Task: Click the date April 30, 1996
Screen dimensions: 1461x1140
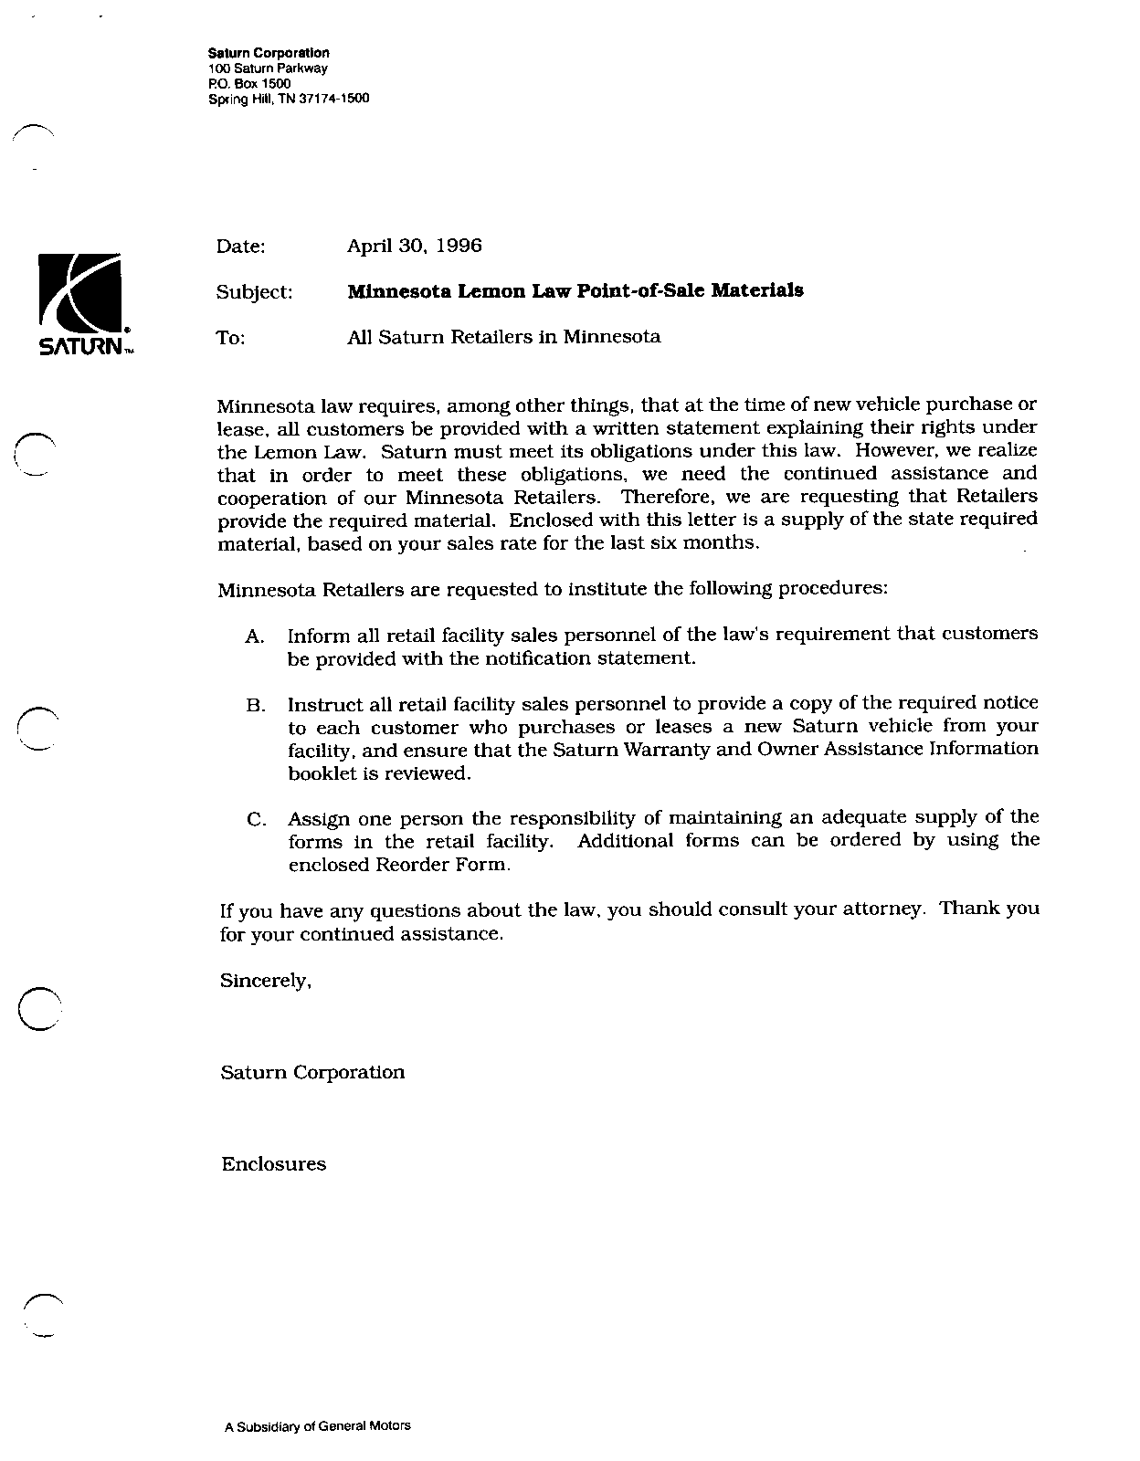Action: click(414, 246)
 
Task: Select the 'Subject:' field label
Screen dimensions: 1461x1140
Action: click(254, 292)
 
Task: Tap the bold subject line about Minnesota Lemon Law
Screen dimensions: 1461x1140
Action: click(575, 291)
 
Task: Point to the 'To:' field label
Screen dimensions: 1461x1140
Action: click(230, 338)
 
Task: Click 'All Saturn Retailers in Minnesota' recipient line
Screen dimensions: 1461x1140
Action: click(503, 337)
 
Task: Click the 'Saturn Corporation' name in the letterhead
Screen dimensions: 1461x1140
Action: click(269, 54)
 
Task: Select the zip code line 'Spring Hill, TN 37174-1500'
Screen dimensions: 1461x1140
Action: click(289, 99)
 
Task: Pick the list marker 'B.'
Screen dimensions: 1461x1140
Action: click(255, 706)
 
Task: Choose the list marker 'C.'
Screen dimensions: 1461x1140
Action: click(256, 820)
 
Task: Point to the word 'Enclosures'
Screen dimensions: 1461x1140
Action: click(273, 1164)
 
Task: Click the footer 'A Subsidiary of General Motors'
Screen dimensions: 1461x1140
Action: click(317, 1425)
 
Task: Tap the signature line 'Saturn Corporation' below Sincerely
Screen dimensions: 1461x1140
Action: click(312, 1072)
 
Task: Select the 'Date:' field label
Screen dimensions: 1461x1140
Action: click(240, 247)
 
